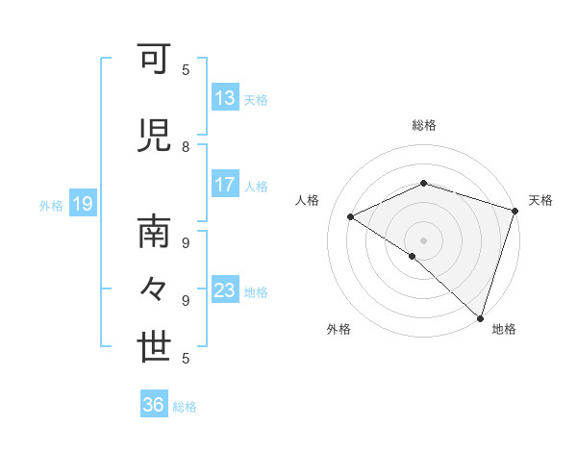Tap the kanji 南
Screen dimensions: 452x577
155,232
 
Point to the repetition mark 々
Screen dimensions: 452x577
155,289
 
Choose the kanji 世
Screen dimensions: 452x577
155,346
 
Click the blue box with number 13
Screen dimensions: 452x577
225,98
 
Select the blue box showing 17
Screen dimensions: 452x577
225,185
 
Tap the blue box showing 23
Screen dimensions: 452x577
225,290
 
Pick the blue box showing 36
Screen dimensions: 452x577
154,405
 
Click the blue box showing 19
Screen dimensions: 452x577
82,204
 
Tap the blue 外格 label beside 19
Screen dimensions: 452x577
51,205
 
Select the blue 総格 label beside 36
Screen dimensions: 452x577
185,406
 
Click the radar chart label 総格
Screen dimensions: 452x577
423,125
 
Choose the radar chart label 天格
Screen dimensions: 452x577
540,200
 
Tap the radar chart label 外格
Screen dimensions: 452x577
339,329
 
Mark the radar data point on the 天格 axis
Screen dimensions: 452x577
514,211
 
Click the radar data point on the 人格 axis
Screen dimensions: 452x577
351,216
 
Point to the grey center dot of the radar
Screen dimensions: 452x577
423,239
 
